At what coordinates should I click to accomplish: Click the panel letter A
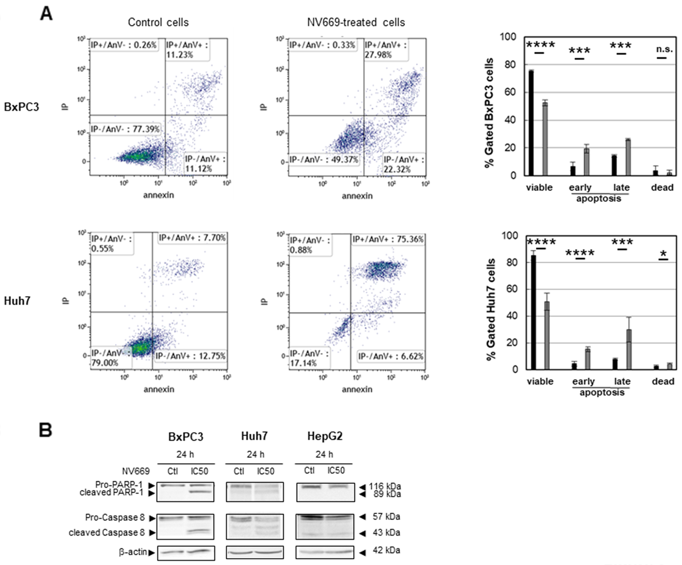tap(46, 14)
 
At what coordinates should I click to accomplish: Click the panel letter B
tap(45, 430)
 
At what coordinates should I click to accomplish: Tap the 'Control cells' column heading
tap(158, 23)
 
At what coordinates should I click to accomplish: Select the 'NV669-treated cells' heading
tap(356, 23)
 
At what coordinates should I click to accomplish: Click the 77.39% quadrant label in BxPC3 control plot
tap(125, 129)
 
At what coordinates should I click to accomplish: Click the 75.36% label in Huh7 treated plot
tap(388, 239)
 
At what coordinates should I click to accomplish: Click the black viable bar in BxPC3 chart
tap(531, 123)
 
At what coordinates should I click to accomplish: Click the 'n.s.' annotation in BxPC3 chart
tap(664, 50)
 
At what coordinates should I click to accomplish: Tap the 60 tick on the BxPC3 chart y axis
tap(510, 92)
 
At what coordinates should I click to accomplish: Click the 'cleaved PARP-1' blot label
tap(111, 493)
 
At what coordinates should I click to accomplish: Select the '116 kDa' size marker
tap(384, 486)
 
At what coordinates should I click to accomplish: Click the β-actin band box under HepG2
tap(325, 552)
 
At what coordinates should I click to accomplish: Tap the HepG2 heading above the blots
tap(325, 436)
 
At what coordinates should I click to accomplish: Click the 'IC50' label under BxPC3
tap(199, 471)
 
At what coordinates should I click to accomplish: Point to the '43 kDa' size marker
tap(386, 533)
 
